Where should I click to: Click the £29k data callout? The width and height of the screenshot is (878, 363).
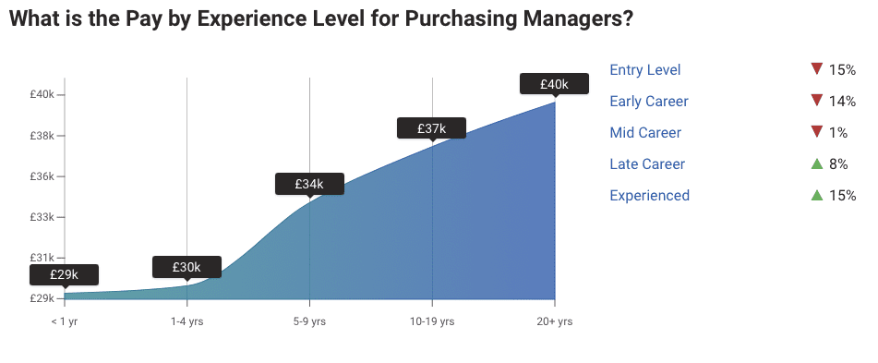pos(64,275)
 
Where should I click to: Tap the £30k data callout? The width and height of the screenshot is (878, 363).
pos(186,267)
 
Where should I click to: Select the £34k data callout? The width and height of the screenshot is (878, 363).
pos(309,184)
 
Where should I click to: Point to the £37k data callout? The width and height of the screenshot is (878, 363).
pos(431,128)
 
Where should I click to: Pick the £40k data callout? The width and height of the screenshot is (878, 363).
pos(554,84)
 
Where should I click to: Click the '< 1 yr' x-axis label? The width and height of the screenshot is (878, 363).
pos(65,321)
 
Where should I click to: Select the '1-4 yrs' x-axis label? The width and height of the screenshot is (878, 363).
pos(186,321)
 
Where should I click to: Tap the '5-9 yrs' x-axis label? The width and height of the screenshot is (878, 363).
pos(309,321)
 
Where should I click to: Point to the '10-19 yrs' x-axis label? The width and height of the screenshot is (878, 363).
pos(432,321)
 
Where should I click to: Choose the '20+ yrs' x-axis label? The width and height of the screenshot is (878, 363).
pos(554,321)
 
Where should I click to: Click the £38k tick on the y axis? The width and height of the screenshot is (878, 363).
pos(42,136)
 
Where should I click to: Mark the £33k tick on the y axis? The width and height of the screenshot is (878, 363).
pos(42,217)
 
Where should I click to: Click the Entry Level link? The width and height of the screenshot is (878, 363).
pos(644,70)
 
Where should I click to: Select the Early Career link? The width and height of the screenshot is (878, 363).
pos(649,102)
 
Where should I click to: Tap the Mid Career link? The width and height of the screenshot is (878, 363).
pos(645,133)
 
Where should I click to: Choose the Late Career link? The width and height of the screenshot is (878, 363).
pos(647,164)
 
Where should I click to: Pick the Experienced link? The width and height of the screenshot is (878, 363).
pos(649,196)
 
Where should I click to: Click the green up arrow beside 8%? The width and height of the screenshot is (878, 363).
pos(816,164)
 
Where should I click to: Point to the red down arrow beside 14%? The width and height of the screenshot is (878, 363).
pos(816,101)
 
